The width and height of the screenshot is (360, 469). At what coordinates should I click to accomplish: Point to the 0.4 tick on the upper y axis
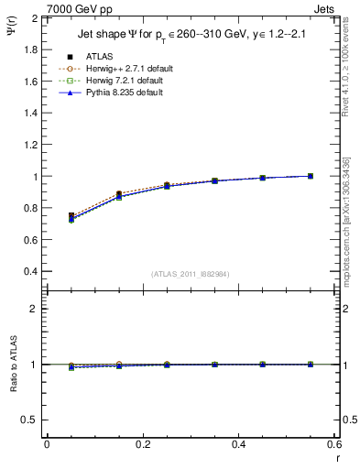[x=31, y=272]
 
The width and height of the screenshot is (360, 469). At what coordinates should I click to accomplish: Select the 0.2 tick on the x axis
[x=143, y=444]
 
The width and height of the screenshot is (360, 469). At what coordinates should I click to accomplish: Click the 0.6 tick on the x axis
[x=334, y=444]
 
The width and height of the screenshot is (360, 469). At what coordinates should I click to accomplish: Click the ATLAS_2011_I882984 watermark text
[x=190, y=273]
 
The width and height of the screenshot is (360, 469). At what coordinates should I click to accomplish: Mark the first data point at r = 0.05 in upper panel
[x=71, y=217]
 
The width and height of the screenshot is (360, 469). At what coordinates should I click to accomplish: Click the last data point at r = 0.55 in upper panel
[x=311, y=176]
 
